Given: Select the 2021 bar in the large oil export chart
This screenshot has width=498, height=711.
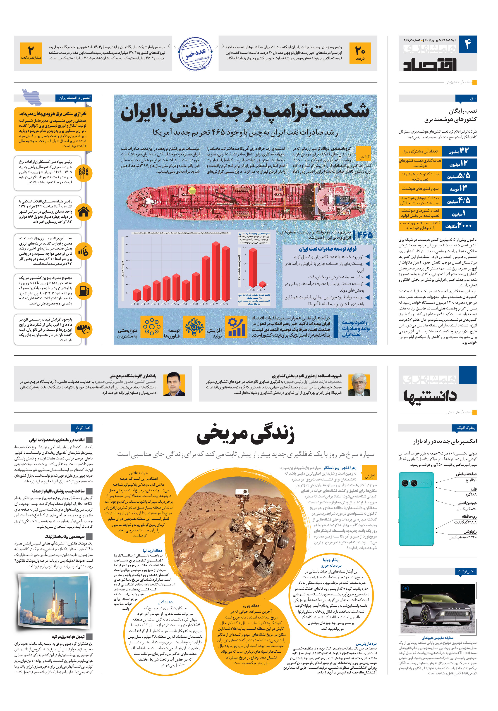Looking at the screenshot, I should tap(186, 290).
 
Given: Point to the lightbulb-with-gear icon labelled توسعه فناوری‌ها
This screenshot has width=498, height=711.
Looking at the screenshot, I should tap(194, 326).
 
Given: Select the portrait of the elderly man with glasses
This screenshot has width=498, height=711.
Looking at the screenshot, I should tap(359, 384).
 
